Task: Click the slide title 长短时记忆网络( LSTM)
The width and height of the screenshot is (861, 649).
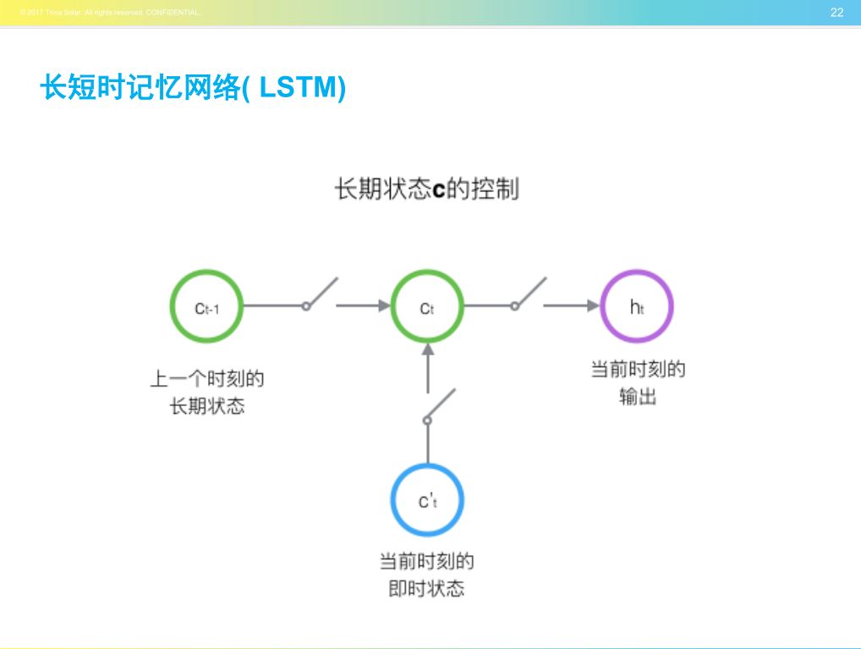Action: click(193, 88)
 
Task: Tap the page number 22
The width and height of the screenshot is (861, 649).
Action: click(836, 12)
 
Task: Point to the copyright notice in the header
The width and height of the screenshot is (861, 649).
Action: click(109, 12)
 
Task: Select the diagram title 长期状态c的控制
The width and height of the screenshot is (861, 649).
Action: click(427, 189)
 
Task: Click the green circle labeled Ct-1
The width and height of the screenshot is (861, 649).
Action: click(206, 306)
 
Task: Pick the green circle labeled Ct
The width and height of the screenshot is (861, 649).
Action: click(427, 306)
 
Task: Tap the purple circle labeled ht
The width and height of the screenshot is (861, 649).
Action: click(637, 306)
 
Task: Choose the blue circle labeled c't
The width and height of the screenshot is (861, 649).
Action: click(427, 500)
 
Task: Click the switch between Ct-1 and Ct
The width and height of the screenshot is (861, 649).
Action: click(320, 294)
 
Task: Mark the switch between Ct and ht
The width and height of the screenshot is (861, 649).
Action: click(528, 294)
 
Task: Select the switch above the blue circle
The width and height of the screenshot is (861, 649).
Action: click(440, 406)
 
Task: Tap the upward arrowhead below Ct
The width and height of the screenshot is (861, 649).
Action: click(428, 349)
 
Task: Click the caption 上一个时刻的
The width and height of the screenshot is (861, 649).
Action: click(206, 378)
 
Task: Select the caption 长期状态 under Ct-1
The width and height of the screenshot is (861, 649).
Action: click(206, 406)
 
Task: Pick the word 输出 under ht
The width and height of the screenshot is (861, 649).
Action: click(637, 397)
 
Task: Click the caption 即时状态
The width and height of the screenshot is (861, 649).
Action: click(426, 589)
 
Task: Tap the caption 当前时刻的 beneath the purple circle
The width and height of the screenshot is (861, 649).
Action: click(637, 370)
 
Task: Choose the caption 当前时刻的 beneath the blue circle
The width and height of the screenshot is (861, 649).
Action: click(426, 561)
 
